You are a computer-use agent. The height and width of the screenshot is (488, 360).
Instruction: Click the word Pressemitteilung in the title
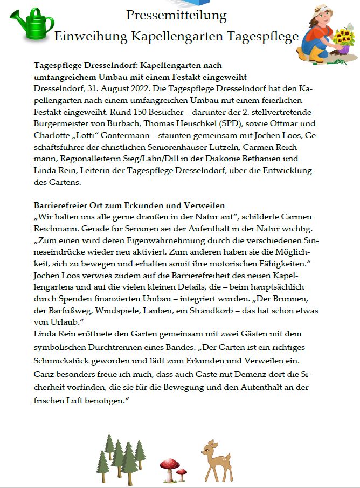pos(176,15)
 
